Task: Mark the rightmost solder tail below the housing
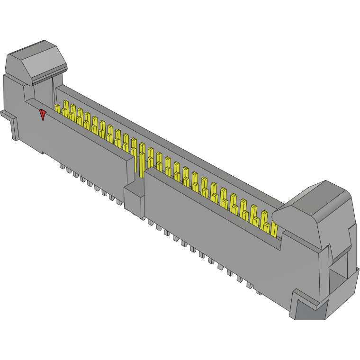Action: click(259, 292)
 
